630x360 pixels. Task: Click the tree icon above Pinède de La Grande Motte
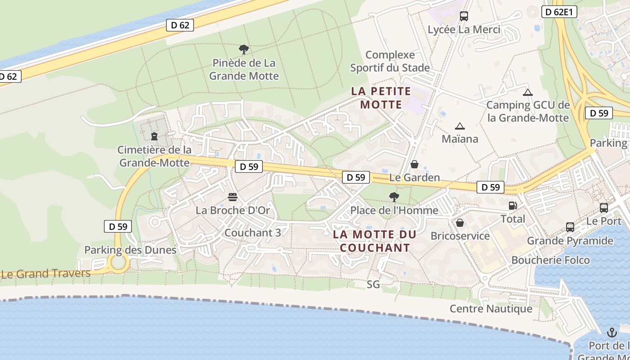(243, 49)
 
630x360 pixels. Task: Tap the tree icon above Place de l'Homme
(394, 197)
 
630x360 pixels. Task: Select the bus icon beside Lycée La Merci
(464, 16)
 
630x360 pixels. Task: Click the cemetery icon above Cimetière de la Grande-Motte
(154, 135)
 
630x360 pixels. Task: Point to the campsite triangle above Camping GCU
(528, 93)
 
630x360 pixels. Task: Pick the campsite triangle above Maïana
(459, 126)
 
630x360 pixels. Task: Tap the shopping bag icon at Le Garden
(414, 164)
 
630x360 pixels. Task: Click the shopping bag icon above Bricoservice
(460, 222)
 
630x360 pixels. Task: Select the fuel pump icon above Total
(513, 206)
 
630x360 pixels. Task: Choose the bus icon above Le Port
(604, 208)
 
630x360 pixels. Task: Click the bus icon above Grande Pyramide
(570, 227)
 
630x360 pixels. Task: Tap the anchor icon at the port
(612, 333)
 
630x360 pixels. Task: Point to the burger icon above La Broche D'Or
(233, 197)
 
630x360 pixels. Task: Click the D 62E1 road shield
(558, 12)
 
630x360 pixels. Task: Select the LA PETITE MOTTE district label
(381, 98)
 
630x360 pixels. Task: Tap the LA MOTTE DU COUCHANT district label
(375, 241)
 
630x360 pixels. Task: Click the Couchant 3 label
(252, 233)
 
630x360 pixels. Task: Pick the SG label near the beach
(373, 284)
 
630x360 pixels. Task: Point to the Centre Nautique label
(491, 309)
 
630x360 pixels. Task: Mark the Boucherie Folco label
(550, 260)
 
